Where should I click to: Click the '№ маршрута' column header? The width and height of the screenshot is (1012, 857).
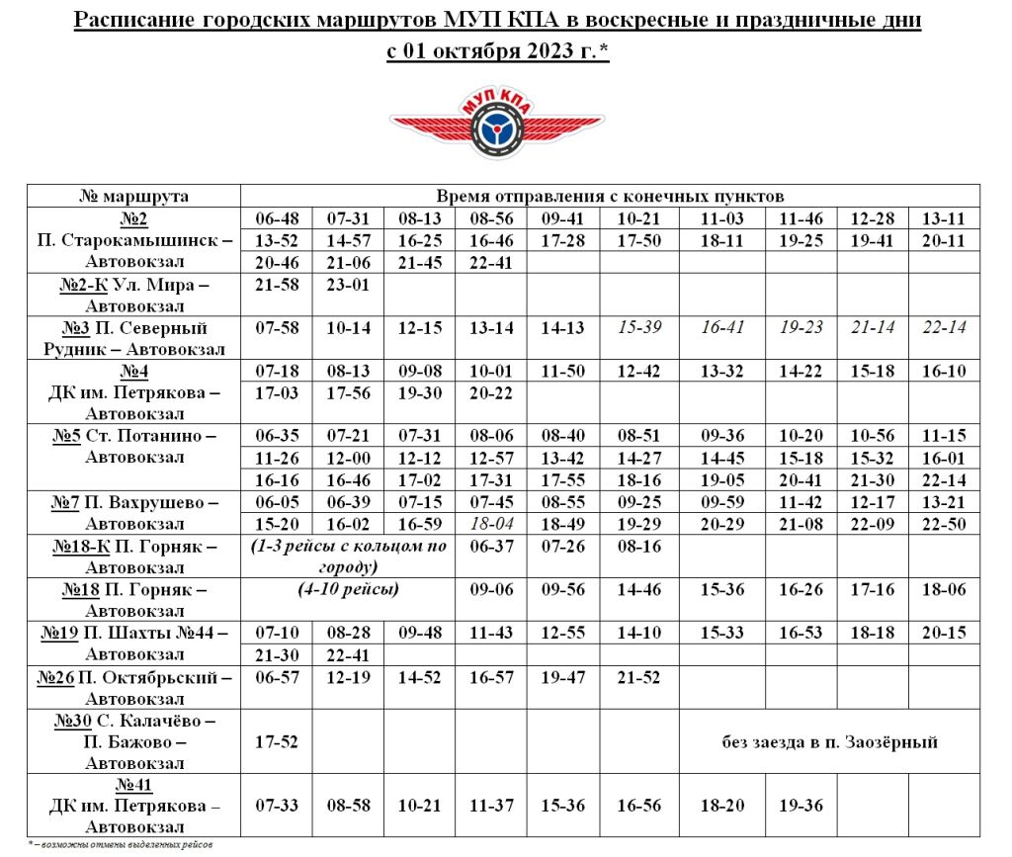pyautogui.click(x=133, y=196)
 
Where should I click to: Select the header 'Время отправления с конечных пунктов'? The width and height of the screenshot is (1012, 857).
pyautogui.click(x=611, y=196)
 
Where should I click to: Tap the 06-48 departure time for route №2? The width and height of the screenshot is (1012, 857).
pyautogui.click(x=277, y=218)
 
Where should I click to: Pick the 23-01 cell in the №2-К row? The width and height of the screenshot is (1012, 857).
pyautogui.click(x=348, y=285)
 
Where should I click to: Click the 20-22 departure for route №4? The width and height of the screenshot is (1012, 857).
pyautogui.click(x=491, y=392)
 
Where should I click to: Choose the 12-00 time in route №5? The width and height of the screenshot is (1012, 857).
pyautogui.click(x=348, y=458)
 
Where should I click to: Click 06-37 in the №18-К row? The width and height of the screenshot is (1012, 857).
pyautogui.click(x=491, y=546)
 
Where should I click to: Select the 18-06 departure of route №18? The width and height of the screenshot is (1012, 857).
pyautogui.click(x=943, y=589)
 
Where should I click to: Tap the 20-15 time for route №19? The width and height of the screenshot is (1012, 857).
pyautogui.click(x=943, y=633)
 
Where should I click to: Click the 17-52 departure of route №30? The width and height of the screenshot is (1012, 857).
pyautogui.click(x=277, y=741)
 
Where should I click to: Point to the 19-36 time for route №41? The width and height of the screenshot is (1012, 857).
pyautogui.click(x=801, y=806)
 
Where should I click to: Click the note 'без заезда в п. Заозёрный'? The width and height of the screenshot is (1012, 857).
pyautogui.click(x=829, y=741)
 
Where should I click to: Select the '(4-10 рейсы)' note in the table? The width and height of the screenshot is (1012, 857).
pyautogui.click(x=348, y=590)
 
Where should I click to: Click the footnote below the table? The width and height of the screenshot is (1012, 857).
pyautogui.click(x=119, y=845)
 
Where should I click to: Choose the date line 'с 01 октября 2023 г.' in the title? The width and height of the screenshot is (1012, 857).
pyautogui.click(x=497, y=51)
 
